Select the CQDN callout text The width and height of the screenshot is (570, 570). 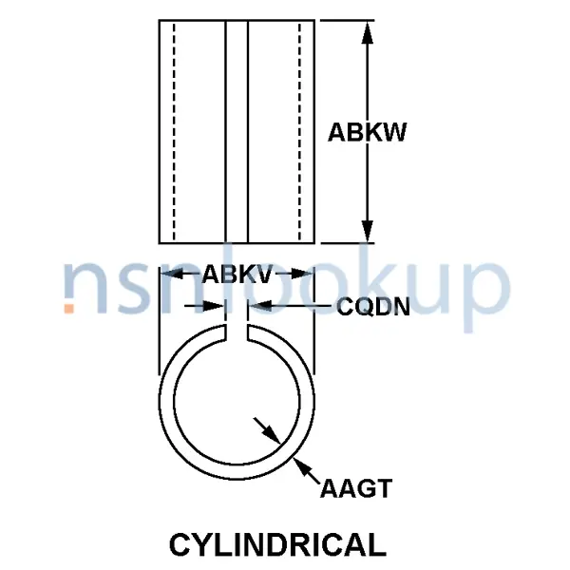372,306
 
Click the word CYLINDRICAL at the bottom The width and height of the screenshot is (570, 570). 277,544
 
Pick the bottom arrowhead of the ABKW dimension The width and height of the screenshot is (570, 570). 368,232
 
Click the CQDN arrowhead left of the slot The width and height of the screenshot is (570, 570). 218,305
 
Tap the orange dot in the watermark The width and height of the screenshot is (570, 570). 68,308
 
